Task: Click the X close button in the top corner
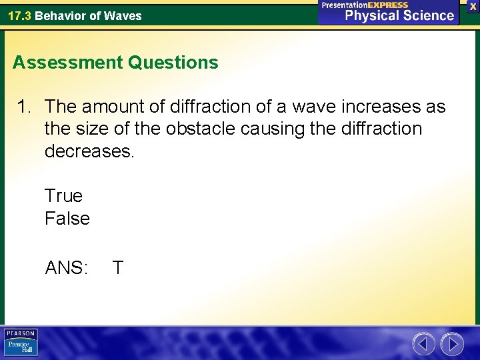pos(473,5)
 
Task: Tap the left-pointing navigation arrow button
pos(423,344)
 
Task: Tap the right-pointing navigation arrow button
pos(452,344)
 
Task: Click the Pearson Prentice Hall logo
pos(21,343)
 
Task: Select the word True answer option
pos(63,196)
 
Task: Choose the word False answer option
pos(67,218)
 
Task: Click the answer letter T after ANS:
pos(117,268)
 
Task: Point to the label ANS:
pos(66,268)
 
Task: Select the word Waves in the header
pos(123,15)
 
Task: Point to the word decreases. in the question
pos(89,150)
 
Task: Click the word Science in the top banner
pos(427,15)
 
